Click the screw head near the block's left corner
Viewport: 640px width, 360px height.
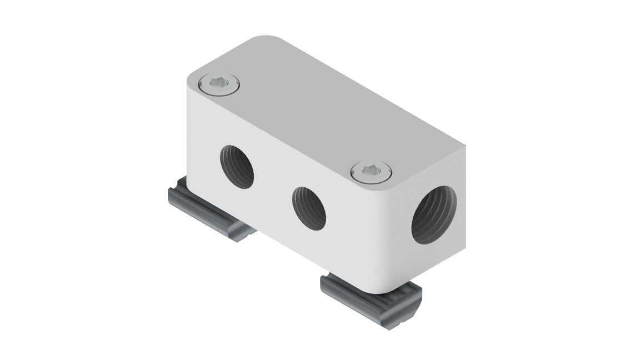tap(219, 84)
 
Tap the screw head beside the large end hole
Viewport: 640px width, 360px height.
tap(371, 172)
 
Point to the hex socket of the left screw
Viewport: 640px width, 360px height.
tap(219, 83)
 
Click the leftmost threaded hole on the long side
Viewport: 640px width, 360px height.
tap(237, 167)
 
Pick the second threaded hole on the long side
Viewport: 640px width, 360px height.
tap(309, 208)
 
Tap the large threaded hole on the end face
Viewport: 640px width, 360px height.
tap(434, 215)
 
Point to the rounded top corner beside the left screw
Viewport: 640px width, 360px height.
tap(192, 78)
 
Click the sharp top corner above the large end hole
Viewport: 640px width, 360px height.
tap(462, 147)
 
